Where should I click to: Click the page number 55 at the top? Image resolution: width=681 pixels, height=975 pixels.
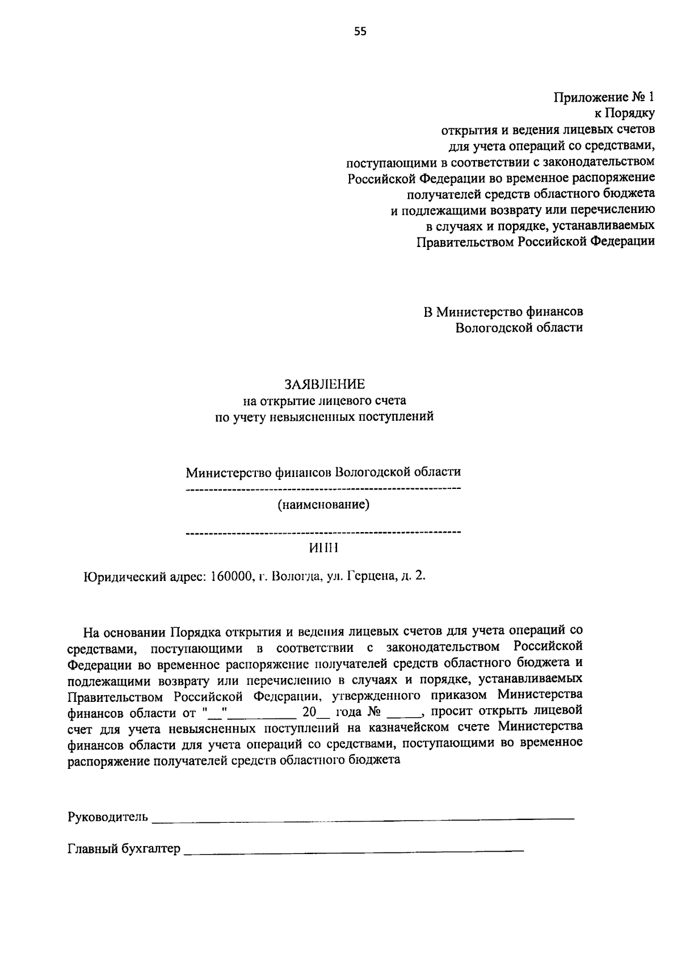pyautogui.click(x=360, y=32)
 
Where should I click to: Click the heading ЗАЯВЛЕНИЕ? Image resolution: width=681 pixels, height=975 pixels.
pyautogui.click(x=325, y=384)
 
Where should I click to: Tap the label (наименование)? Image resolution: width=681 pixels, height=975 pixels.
pyautogui.click(x=323, y=504)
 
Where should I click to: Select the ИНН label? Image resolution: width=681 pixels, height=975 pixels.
pyautogui.click(x=323, y=548)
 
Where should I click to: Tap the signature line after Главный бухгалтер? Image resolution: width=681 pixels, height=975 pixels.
pyautogui.click(x=354, y=851)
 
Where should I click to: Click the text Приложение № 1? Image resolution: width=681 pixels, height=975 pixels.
pyautogui.click(x=604, y=97)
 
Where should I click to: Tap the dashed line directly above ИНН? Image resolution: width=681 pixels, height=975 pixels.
pyautogui.click(x=323, y=533)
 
